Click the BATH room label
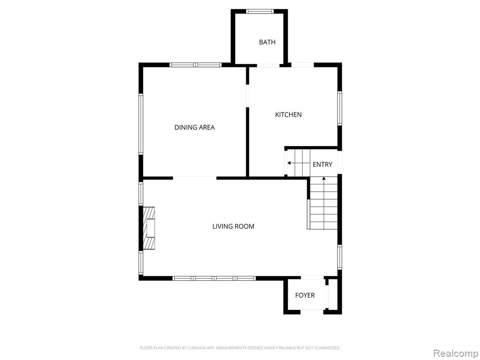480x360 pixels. (x=267, y=42)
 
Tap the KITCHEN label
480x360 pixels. (x=288, y=115)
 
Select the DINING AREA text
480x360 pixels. (x=195, y=127)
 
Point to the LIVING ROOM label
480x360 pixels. (x=233, y=226)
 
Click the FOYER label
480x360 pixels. (x=305, y=295)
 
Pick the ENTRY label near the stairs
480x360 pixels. (x=322, y=165)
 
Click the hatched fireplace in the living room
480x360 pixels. (x=149, y=228)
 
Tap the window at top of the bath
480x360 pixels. (x=260, y=11)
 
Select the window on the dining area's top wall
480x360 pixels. (x=195, y=65)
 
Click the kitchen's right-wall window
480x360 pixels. (x=339, y=108)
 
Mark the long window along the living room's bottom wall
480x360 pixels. (x=214, y=278)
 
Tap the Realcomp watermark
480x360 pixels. (x=456, y=353)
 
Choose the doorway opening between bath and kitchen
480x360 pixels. (x=268, y=65)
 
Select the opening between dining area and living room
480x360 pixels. (x=195, y=178)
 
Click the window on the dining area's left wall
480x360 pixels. (x=141, y=124)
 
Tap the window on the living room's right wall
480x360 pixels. (x=339, y=257)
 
